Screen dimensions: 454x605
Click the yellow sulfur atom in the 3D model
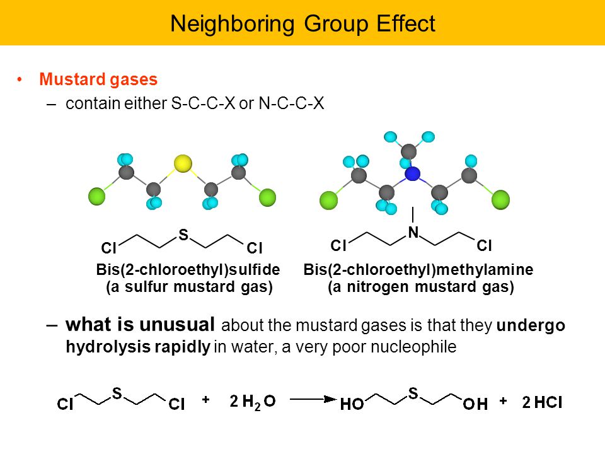[183, 163]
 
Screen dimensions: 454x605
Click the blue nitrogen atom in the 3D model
[412, 173]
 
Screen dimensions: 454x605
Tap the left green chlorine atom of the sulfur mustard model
[96, 196]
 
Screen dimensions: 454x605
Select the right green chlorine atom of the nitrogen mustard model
[500, 200]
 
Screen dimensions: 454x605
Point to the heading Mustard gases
[98, 80]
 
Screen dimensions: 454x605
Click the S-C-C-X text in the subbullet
[203, 103]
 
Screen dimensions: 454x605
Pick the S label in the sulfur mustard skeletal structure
[183, 235]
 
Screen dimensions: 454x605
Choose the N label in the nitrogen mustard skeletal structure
[413, 233]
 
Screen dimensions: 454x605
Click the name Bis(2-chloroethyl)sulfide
[188, 270]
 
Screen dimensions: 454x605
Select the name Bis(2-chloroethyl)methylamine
[418, 270]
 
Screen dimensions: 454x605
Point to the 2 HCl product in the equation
[542, 402]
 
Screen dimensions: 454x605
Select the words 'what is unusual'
[142, 325]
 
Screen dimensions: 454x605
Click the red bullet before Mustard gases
[21, 80]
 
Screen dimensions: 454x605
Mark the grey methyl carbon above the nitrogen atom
[409, 151]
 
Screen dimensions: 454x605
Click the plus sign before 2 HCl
[504, 400]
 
